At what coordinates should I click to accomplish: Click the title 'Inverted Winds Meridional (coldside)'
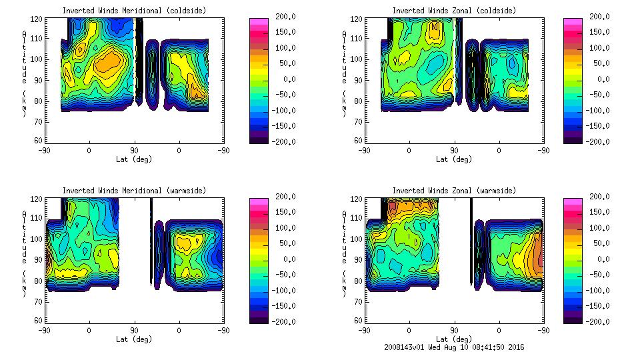(134, 11)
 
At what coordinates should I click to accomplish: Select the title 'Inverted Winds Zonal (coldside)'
(454, 11)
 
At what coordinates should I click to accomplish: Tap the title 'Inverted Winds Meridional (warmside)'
(134, 191)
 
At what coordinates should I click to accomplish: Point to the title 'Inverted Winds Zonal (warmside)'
(454, 191)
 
